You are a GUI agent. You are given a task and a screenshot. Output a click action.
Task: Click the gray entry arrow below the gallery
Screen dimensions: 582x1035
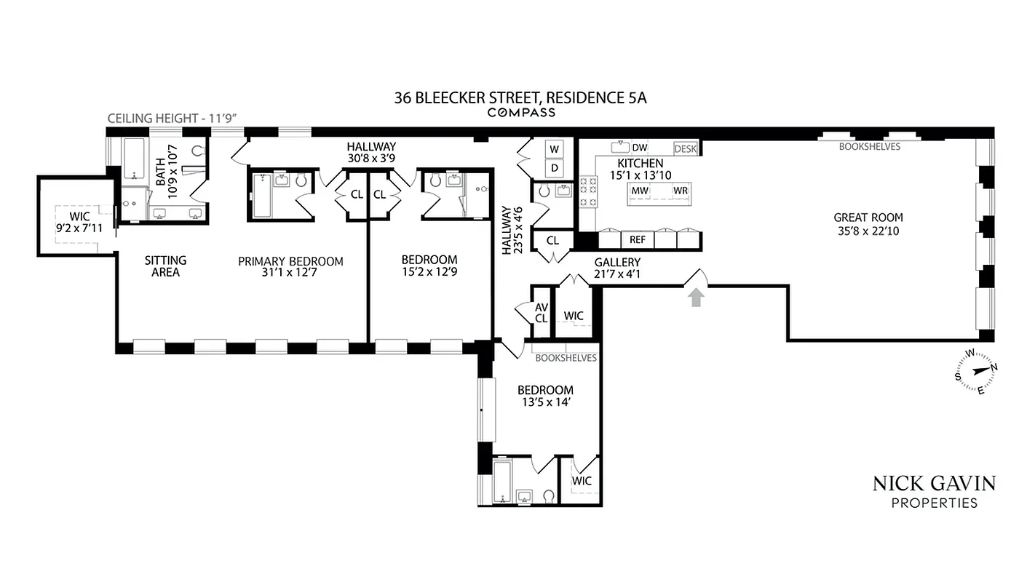click(x=696, y=297)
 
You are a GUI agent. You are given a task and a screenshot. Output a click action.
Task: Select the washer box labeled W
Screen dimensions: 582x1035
click(x=555, y=149)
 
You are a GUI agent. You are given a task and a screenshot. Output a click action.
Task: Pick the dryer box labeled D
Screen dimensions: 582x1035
click(x=555, y=169)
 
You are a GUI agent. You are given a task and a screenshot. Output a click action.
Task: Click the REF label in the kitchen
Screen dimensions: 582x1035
click(x=637, y=239)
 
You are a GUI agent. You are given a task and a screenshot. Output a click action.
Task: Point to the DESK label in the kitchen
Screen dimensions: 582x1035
click(x=685, y=148)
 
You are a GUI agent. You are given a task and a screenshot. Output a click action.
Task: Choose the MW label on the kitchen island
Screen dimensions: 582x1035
click(x=640, y=191)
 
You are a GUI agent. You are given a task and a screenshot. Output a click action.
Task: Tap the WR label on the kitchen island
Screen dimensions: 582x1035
click(x=680, y=191)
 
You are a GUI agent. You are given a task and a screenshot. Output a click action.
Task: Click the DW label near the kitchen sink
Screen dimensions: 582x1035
click(x=639, y=148)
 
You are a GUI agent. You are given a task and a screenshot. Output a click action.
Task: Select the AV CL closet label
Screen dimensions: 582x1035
click(x=541, y=313)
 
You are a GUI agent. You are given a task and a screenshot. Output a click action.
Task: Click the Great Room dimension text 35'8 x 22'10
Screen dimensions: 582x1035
click(x=868, y=232)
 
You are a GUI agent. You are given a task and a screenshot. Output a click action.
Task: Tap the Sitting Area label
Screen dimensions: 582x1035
click(x=165, y=266)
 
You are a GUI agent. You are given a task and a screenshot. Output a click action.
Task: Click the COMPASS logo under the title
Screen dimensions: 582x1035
click(x=520, y=113)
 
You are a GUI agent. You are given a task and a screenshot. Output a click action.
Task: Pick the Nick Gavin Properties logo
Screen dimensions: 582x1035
click(x=934, y=492)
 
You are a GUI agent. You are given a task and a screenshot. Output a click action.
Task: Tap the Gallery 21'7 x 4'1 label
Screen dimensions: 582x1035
click(x=617, y=268)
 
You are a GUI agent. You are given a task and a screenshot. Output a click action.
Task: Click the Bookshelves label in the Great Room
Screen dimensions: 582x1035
click(x=869, y=146)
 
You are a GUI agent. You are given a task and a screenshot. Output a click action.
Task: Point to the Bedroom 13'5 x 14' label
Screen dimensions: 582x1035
click(x=545, y=396)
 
